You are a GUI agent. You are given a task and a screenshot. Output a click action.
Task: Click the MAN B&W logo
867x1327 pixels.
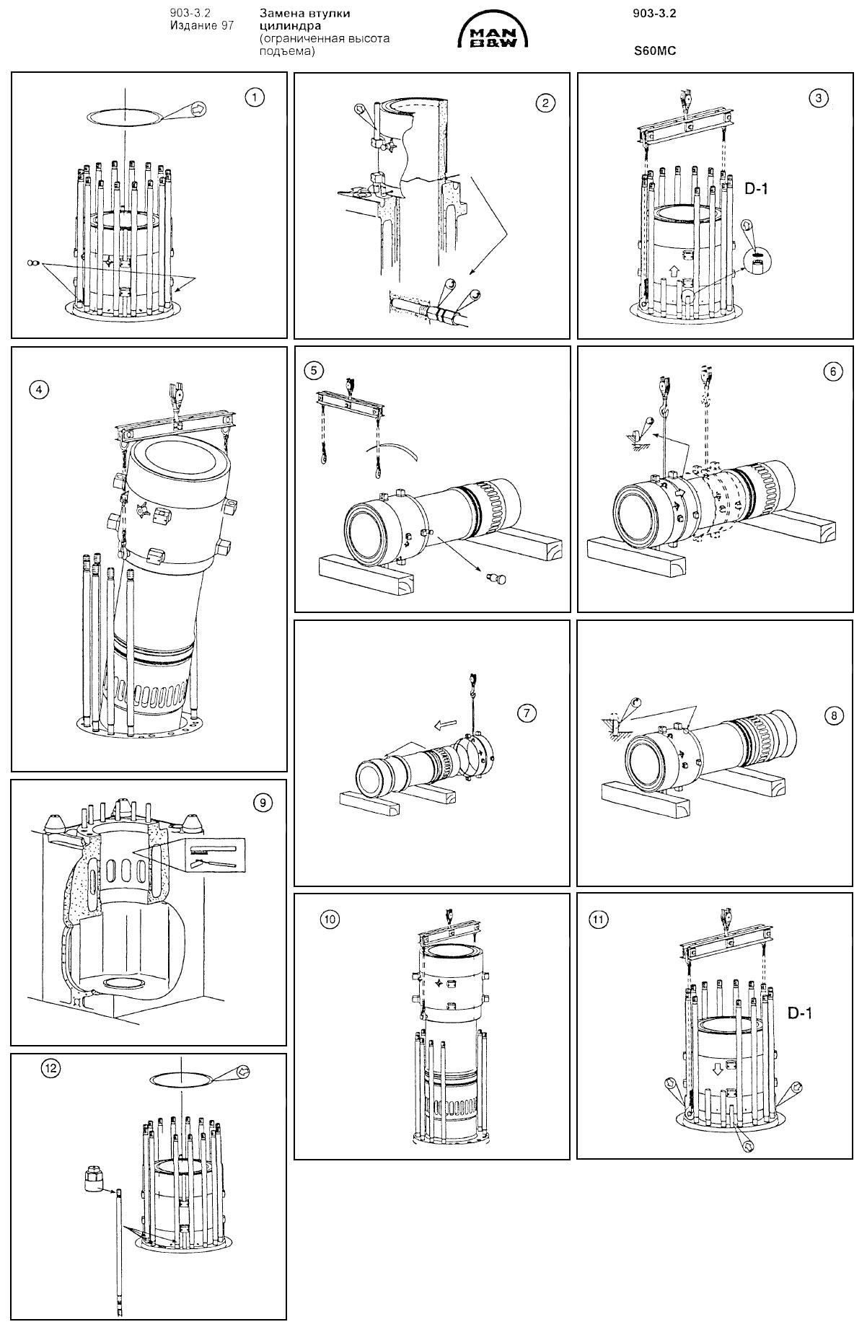[x=493, y=35]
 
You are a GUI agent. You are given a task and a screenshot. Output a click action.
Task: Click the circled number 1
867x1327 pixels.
[x=253, y=97]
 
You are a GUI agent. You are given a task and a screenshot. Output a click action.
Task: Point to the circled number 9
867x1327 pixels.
[x=260, y=801]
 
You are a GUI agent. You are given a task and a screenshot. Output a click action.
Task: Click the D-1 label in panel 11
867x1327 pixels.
[x=799, y=1013]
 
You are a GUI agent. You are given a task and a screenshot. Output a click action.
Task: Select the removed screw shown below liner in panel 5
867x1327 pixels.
[x=496, y=578]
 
